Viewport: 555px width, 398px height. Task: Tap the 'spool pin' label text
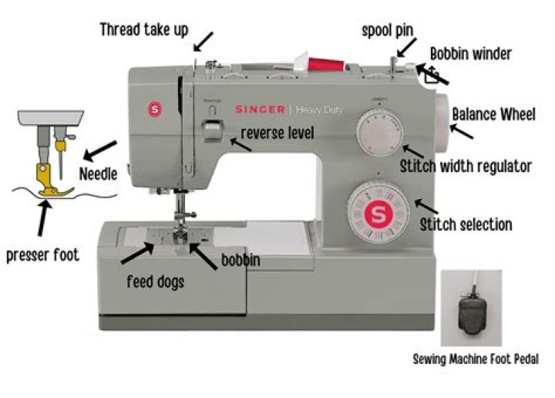click(388, 30)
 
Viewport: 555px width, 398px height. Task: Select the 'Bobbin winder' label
click(470, 54)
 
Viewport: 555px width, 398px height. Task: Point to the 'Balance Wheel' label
click(493, 114)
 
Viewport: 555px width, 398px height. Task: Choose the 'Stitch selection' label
click(466, 224)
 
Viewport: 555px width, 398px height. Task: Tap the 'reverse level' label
click(277, 133)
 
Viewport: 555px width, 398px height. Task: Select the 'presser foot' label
click(42, 255)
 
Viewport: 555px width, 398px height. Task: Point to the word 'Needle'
click(98, 174)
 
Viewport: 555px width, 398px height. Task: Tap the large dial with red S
click(377, 212)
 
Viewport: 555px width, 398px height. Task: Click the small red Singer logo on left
click(153, 108)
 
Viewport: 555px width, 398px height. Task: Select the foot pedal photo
click(472, 308)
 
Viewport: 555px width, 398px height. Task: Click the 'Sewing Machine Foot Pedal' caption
click(476, 359)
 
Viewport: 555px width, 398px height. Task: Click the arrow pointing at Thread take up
click(203, 39)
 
